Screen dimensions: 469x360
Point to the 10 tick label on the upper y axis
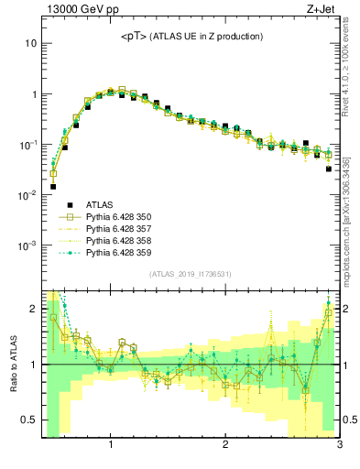click(30, 43)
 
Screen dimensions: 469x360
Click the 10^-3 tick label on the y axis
click(27, 245)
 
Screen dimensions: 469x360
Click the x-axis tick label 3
click(339, 445)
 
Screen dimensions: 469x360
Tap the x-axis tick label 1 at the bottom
click(111, 445)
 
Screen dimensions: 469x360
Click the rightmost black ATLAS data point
click(328, 169)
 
